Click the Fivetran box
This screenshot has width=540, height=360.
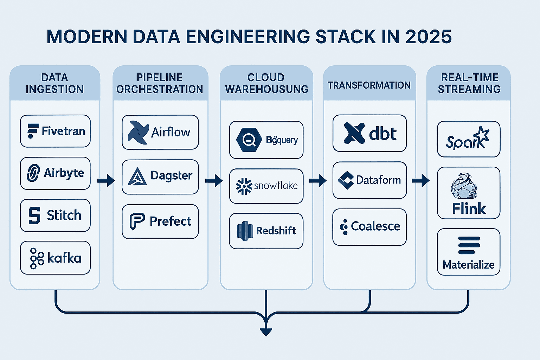point(55,131)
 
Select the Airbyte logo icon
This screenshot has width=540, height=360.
point(33,173)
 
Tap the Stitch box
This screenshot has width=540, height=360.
point(55,215)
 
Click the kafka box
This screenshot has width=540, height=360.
point(55,258)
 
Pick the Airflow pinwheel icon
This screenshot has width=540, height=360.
point(138,133)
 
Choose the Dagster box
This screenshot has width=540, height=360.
point(160,176)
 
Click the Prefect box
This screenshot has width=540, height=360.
point(160,221)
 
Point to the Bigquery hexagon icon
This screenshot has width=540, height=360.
point(249,140)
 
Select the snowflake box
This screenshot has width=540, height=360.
point(266,186)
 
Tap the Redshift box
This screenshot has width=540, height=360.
point(266,231)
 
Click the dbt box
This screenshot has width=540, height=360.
point(369,133)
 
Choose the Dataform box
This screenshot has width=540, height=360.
point(369,180)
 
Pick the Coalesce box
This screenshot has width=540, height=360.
point(369,227)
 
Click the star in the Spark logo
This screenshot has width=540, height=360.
point(482,134)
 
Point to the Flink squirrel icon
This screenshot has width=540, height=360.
point(464,187)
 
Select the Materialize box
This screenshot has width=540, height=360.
point(469,252)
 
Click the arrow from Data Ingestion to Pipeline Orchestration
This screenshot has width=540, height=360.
point(106,181)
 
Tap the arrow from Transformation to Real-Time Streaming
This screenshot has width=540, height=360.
point(421,181)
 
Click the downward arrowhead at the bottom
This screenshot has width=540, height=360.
point(266,332)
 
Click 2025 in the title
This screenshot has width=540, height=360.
point(429,37)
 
